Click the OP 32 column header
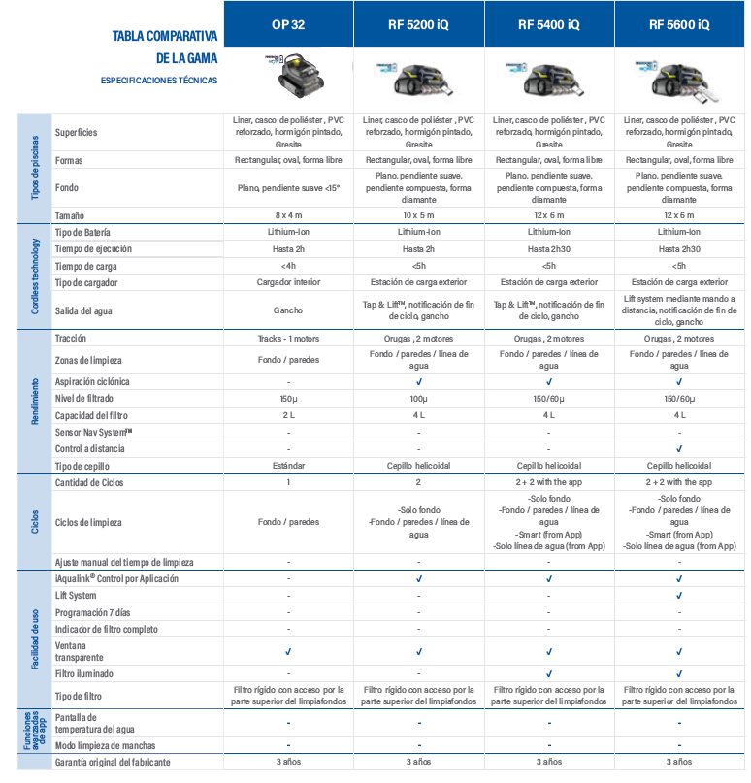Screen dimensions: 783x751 pyautogui.click(x=288, y=23)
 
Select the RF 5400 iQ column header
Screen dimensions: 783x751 pyautogui.click(x=548, y=23)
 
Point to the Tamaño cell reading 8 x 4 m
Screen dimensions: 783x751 pyautogui.click(x=288, y=214)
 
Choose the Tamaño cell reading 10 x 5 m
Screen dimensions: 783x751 pyautogui.click(x=418, y=214)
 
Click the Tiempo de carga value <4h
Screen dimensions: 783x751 pyautogui.click(x=288, y=265)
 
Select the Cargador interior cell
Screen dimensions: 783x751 pyautogui.click(x=288, y=281)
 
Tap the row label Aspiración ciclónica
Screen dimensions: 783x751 pyautogui.click(x=93, y=382)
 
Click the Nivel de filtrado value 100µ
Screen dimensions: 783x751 pyautogui.click(x=418, y=399)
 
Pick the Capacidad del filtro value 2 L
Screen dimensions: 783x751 pyautogui.click(x=288, y=415)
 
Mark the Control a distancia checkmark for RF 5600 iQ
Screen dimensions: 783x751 pyautogui.click(x=678, y=448)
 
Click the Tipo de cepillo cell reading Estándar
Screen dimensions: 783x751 pyautogui.click(x=288, y=465)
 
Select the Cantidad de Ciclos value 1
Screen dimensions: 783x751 pyautogui.click(x=288, y=482)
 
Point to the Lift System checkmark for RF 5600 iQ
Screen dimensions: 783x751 pyautogui.click(x=678, y=595)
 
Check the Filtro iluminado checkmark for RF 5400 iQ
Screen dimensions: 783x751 pyautogui.click(x=548, y=672)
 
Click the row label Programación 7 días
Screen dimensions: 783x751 pyautogui.click(x=93, y=612)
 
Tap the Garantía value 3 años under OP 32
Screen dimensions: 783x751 pyautogui.click(x=288, y=763)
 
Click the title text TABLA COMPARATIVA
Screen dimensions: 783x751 pyautogui.click(x=164, y=36)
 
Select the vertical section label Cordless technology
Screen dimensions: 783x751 pyautogui.click(x=35, y=277)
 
